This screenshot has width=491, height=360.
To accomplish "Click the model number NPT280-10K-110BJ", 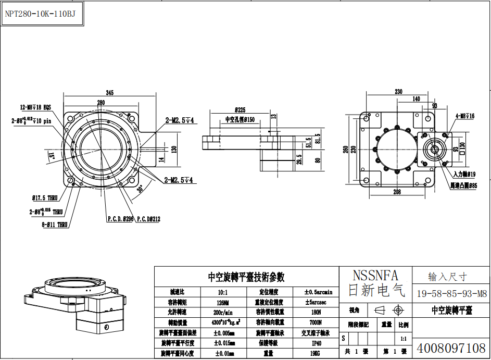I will [x=40, y=14].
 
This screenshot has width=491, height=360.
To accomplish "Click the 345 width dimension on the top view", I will [x=109, y=92].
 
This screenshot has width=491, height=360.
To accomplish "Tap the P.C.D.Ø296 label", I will [x=121, y=219].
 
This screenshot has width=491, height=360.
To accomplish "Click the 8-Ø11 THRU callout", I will [x=48, y=225].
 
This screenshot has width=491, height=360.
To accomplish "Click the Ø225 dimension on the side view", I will [x=240, y=110].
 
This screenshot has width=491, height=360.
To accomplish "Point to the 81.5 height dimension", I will [x=318, y=142].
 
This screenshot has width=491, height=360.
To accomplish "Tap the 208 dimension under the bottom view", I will [x=397, y=192].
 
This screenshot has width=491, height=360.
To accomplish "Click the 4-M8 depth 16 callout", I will [x=465, y=116].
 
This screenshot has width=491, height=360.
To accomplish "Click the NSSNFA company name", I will [x=375, y=275].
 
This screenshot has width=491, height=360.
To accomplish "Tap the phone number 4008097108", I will [x=451, y=347].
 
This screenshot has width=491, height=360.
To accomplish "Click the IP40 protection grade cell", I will [x=316, y=343].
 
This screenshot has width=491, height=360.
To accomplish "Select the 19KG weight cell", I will [x=316, y=353].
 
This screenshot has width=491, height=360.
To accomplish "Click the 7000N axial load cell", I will [x=316, y=322].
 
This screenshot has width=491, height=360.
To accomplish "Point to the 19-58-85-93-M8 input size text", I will [x=451, y=293].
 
